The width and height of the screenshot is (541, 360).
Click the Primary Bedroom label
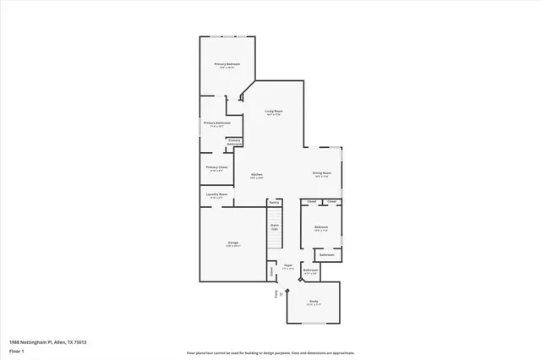[x=227, y=64]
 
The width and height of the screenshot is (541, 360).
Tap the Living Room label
[x=273, y=111]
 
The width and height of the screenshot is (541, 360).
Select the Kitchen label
[x=256, y=174]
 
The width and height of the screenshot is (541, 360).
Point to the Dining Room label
[x=321, y=173]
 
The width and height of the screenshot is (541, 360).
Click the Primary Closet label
[x=216, y=167]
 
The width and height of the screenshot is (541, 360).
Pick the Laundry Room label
[x=216, y=194]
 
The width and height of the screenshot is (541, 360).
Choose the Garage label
[x=232, y=243]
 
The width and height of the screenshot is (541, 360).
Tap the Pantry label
[x=274, y=203]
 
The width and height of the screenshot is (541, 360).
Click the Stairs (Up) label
[x=275, y=226]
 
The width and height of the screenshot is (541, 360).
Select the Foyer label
[x=287, y=265]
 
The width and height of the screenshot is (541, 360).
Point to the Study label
[x=313, y=300]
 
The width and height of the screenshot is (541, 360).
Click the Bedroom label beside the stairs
[x=321, y=226]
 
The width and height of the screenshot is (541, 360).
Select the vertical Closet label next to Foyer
[x=271, y=271]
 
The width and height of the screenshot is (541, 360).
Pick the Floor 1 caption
[x=16, y=350]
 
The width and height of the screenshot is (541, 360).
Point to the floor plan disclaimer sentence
[x=270, y=352]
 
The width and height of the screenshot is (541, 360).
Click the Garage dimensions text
[x=232, y=247]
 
